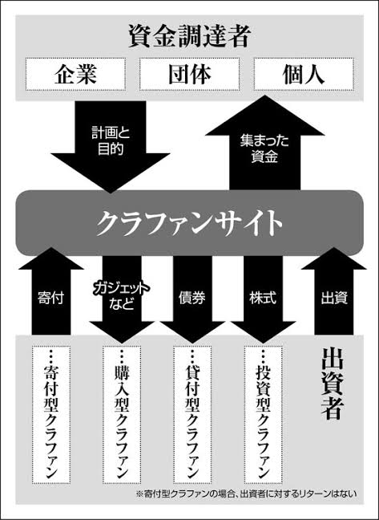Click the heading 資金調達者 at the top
(x=188, y=36)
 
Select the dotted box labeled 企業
(x=75, y=75)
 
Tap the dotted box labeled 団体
(x=189, y=75)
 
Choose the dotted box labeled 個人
(x=304, y=75)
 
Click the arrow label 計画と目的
(x=111, y=141)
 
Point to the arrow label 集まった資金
(x=264, y=148)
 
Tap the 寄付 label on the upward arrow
(x=51, y=298)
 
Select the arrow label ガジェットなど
(x=121, y=296)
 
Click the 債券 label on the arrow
(x=192, y=298)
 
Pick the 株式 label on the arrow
(x=263, y=298)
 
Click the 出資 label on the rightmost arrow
(x=334, y=298)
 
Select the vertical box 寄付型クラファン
(x=51, y=415)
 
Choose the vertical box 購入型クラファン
(x=122, y=415)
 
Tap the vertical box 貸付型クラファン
(x=192, y=415)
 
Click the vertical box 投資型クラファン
(x=263, y=415)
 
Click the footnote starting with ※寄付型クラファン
(x=247, y=494)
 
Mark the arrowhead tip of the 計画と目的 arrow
(x=111, y=193)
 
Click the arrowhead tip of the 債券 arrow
(x=192, y=343)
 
